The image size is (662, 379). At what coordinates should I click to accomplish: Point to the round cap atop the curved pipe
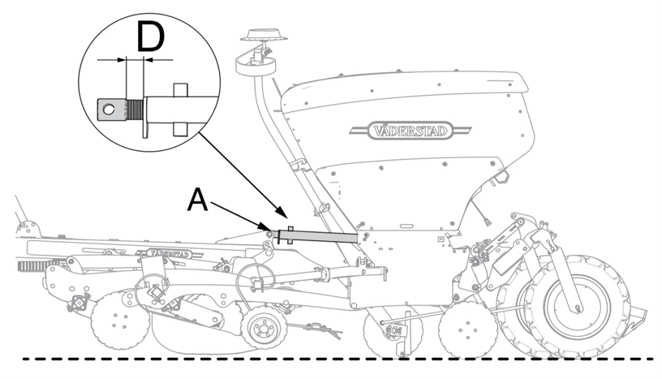[265, 36]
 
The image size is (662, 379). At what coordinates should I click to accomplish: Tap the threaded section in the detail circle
[135, 108]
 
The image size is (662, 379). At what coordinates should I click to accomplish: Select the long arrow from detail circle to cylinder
[240, 174]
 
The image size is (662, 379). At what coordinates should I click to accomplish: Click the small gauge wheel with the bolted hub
[261, 329]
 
